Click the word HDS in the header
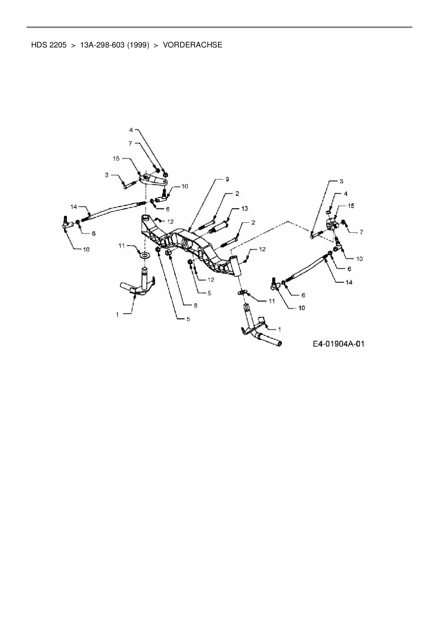39,45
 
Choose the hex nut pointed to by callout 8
169,252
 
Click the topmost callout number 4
131,130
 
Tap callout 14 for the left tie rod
74,206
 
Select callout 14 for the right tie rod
349,282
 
